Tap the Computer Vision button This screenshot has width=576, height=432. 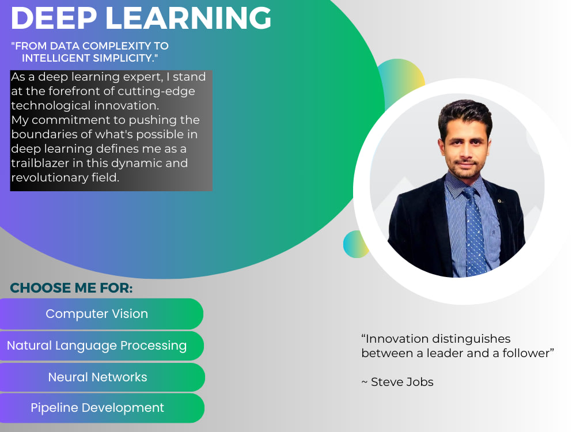tap(97, 314)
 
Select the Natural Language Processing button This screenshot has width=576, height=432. tap(97, 346)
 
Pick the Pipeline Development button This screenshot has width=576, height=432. tap(97, 408)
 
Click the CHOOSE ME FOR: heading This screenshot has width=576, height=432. tap(71, 288)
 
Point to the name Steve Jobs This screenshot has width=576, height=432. tap(402, 382)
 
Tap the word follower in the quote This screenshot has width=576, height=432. tap(524, 353)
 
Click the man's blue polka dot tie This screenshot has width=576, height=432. tap(474, 230)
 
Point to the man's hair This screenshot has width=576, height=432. tap(464, 112)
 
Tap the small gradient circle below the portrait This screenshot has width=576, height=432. tap(355, 245)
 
